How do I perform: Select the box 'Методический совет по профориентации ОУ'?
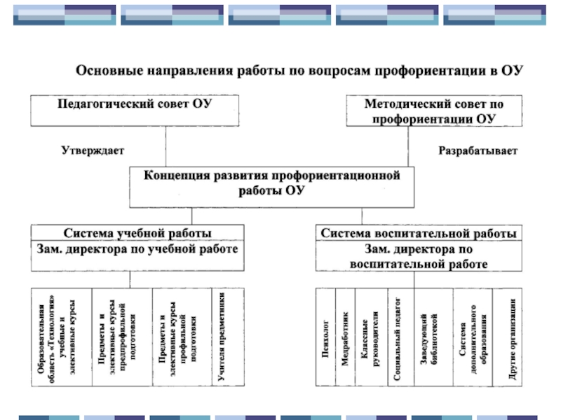[x=433, y=111]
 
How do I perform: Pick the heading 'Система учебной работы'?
[x=137, y=233]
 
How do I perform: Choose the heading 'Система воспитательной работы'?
[x=419, y=233]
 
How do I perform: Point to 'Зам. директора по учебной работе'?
[x=137, y=249]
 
